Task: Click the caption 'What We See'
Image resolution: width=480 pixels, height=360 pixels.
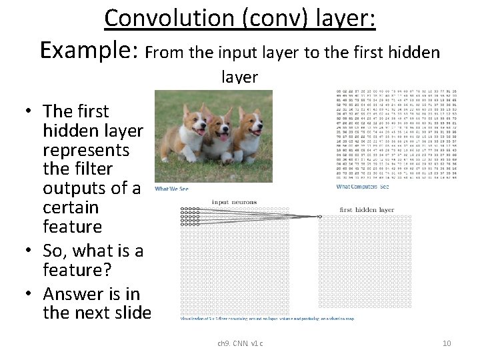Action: pos(172,189)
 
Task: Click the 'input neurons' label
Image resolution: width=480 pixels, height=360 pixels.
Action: pos(230,201)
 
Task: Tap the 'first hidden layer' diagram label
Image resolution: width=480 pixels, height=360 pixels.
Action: pos(367,209)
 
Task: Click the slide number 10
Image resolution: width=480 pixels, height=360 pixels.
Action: pos(447,343)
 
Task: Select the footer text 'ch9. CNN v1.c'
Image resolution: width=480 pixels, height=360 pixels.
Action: pos(240,343)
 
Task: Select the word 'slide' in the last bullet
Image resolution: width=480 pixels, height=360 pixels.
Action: pos(133,312)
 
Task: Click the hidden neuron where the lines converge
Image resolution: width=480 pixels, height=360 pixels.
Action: pos(320,216)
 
